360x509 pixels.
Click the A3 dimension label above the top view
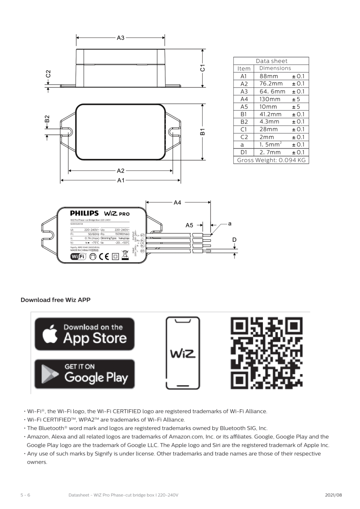pos(120,38)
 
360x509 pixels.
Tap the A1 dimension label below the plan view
pos(120,181)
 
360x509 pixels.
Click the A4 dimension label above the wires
pos(177,203)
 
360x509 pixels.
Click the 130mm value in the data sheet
pos(270,99)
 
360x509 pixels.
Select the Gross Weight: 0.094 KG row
pos(271,160)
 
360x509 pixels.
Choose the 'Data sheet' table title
pos(271,61)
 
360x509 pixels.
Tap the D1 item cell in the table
pos(243,152)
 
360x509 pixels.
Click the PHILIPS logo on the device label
pos(84,213)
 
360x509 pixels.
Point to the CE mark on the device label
pos(103,256)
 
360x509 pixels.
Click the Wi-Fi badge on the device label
pos(77,256)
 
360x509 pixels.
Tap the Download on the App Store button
pos(84,334)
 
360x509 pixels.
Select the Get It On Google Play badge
pos(84,374)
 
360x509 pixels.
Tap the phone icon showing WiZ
pos(183,353)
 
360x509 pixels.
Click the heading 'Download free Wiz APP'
pos(56,300)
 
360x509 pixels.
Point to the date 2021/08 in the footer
pos(333,495)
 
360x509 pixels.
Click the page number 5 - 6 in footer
pos(25,495)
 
